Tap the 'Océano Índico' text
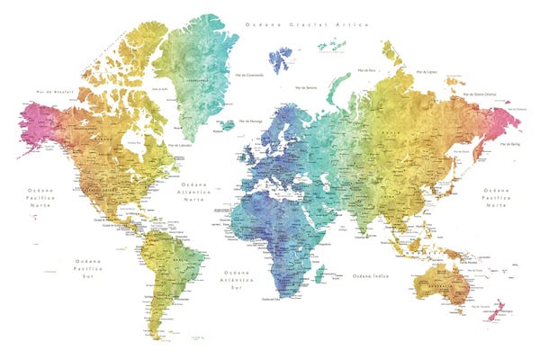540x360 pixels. [x=372, y=275]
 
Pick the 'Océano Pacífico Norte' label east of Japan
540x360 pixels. [x=497, y=197]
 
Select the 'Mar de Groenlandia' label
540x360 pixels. [x=248, y=75]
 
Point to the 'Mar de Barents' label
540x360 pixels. [x=307, y=87]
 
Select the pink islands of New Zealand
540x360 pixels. [x=490, y=311]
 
